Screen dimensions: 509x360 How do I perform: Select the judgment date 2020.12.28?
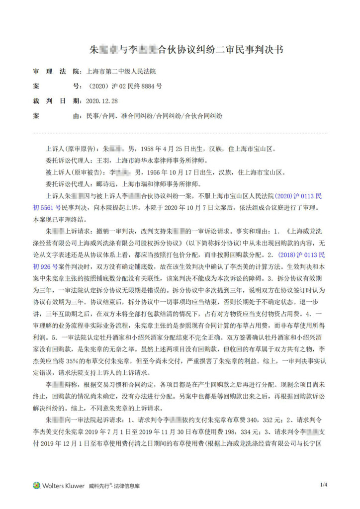click(x=102, y=100)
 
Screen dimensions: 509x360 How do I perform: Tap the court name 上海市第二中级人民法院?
click(x=124, y=72)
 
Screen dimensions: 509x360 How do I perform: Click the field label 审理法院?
click(x=49, y=72)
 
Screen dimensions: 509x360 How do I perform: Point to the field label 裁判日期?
click(x=49, y=100)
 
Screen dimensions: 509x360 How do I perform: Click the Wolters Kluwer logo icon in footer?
click(x=36, y=485)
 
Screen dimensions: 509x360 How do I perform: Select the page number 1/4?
click(x=324, y=485)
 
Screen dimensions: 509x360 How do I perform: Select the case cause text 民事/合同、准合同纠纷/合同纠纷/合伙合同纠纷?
click(x=154, y=115)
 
